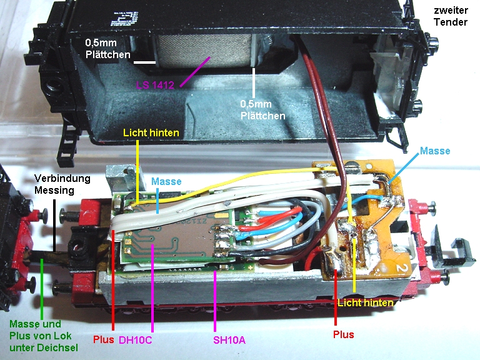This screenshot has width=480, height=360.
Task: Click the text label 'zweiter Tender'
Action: coord(452,16)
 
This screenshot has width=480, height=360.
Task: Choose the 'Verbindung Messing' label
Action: coord(62,184)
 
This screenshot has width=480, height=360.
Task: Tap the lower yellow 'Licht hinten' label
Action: coord(365,302)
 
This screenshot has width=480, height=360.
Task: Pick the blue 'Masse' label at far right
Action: coord(435,151)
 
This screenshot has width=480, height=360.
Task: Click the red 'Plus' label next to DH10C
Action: coord(104,341)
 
